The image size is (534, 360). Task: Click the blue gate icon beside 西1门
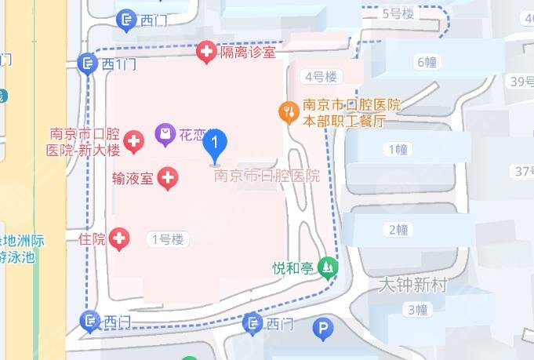(x=89, y=64)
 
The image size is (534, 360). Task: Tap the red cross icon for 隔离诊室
(x=207, y=53)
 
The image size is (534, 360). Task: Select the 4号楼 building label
(x=320, y=76)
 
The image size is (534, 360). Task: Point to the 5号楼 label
(x=397, y=13)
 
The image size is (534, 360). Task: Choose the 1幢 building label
(x=398, y=149)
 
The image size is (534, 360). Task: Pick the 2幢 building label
(x=398, y=230)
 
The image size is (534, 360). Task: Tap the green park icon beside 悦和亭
(x=327, y=268)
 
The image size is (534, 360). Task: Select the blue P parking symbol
(x=321, y=330)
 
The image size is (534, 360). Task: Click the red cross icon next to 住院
(x=119, y=238)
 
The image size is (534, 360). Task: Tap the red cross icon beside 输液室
(x=168, y=178)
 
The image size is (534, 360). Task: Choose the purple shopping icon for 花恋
(x=165, y=135)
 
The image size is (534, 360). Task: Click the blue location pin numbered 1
(x=215, y=144)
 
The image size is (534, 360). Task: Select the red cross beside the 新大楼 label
(x=133, y=142)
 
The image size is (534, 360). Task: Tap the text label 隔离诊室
(x=248, y=53)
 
